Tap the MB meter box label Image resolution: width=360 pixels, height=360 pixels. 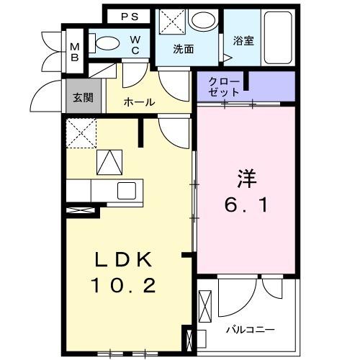coord(75,53)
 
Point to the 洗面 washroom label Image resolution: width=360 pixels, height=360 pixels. coord(183,50)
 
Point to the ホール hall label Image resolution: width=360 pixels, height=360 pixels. coord(138,102)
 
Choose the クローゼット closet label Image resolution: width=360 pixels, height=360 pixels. coord(222,86)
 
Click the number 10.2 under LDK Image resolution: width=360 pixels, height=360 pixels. coord(122,286)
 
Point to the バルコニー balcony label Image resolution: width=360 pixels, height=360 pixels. coord(249,329)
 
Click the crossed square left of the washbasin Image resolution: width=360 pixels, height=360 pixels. coord(171,20)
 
